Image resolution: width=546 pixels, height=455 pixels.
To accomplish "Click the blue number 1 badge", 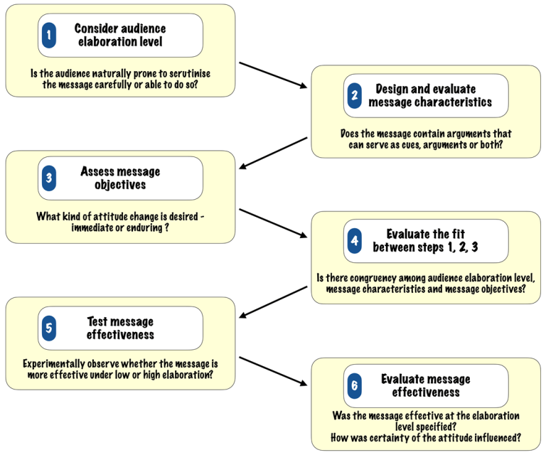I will tap(48, 35).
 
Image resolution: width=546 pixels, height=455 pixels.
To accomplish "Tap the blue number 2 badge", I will tap(354, 95).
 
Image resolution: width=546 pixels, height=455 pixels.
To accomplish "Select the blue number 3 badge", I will tap(48, 178).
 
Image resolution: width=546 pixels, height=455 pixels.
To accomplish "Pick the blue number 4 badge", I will tap(354, 241).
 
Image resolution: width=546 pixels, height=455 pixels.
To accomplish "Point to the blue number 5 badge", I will tap(48, 328).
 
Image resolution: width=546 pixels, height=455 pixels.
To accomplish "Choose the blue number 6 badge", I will tap(354, 386).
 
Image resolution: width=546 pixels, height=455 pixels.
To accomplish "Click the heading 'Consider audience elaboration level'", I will tap(119, 35).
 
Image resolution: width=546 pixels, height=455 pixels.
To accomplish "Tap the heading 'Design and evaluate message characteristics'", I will tap(429, 95).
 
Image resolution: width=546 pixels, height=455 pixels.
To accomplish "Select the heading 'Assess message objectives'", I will tap(119, 178).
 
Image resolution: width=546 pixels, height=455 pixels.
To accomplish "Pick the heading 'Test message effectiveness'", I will tap(119, 328).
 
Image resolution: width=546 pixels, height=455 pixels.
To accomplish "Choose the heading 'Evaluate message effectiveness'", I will tap(424, 386).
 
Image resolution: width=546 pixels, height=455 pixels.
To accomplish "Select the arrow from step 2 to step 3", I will tap(274, 154).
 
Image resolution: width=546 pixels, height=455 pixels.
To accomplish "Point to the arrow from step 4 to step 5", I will tap(274, 301).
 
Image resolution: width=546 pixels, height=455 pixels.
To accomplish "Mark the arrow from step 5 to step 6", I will tap(274, 371).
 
